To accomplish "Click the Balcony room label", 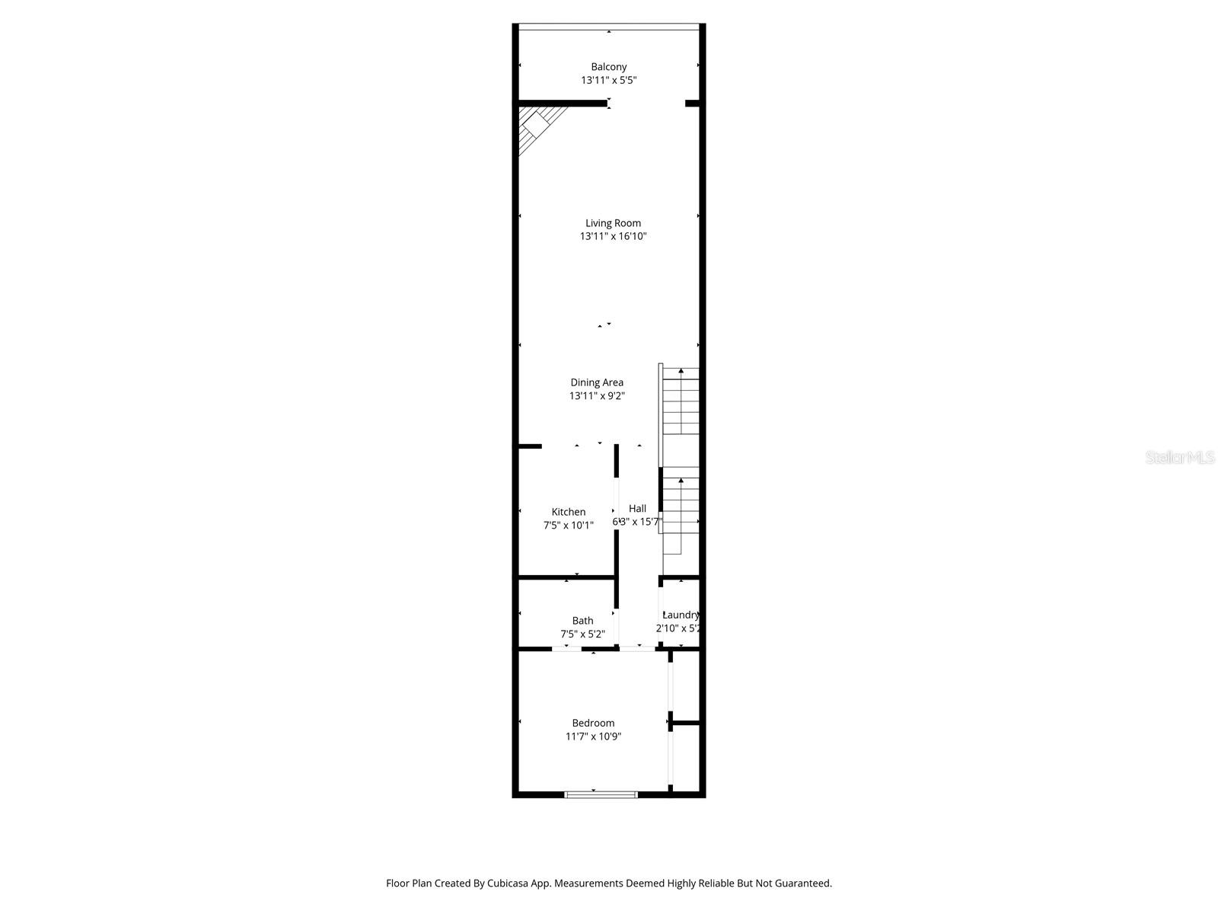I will click(608, 67).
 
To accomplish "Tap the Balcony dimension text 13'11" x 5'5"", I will click(608, 80).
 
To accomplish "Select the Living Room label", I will click(613, 223).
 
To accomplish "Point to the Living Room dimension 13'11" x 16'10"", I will click(613, 236).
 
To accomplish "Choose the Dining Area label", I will click(597, 382).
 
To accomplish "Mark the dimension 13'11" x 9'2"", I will click(597, 396).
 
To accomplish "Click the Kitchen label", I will click(569, 512).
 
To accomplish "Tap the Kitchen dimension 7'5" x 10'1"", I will click(569, 525).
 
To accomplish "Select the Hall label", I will click(637, 508).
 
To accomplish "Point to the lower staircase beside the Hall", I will click(681, 514).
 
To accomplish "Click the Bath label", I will click(582, 621).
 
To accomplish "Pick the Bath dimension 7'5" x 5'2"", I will click(582, 634).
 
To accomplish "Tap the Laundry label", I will click(681, 615).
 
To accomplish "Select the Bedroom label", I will click(593, 723).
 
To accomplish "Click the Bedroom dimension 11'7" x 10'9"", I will click(593, 737).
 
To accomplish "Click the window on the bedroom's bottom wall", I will click(601, 794).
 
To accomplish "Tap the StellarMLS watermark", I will click(1179, 458).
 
